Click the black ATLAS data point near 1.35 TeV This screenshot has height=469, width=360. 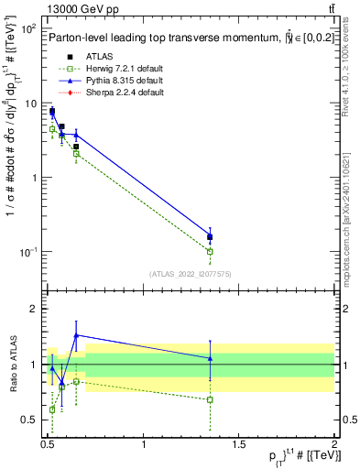(211, 237)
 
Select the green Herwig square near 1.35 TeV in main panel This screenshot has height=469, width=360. (211, 251)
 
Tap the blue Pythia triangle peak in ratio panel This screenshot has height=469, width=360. (76, 335)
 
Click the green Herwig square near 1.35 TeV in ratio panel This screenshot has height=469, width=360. (211, 399)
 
